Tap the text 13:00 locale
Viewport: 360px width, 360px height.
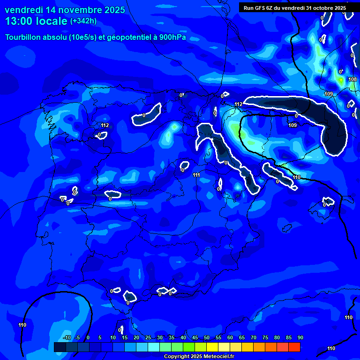(37, 21)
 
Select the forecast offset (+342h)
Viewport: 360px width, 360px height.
(83, 21)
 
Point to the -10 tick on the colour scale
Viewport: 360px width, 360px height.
(67, 337)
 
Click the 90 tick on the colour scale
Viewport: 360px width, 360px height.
(300, 337)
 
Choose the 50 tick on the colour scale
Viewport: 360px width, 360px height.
(206, 337)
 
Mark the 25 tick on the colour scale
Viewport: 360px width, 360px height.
(148, 337)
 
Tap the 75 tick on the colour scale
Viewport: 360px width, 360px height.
(265, 337)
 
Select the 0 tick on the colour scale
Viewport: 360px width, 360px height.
(88, 337)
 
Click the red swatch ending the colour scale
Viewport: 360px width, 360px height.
(294, 347)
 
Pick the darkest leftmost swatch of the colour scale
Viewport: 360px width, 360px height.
(60, 347)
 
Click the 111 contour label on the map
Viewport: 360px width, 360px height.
(196, 175)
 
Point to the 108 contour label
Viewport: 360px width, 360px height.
(352, 79)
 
